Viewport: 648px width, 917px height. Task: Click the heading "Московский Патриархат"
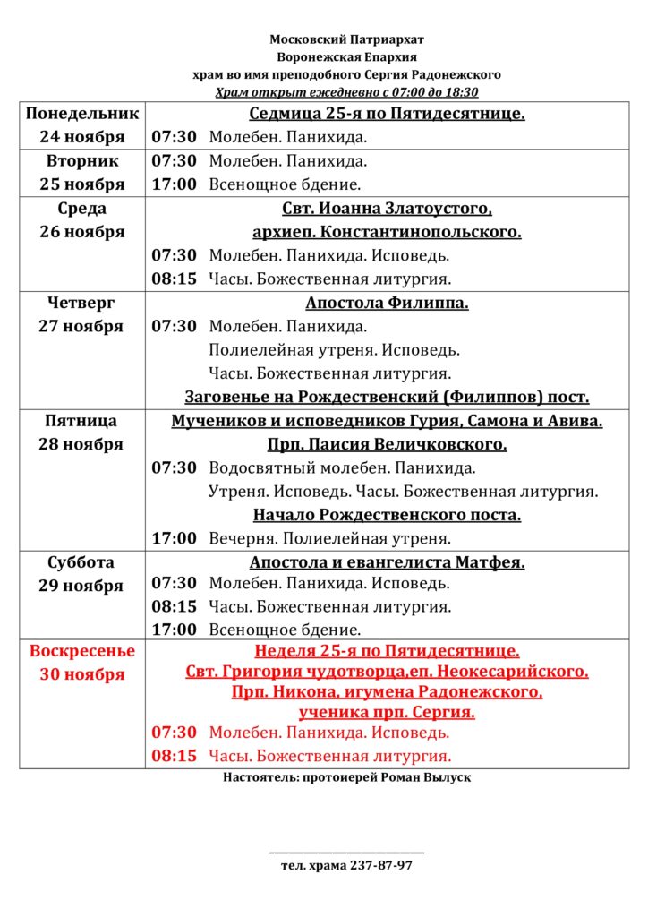coord(347,39)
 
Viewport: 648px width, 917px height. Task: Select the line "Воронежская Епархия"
coord(347,56)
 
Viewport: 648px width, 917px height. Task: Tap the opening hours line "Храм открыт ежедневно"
coord(347,91)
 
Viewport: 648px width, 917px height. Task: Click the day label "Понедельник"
coord(82,115)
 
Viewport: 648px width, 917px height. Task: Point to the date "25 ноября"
coord(82,184)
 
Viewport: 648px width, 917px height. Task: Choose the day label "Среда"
coord(82,209)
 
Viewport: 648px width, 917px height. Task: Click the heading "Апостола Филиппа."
coord(387,303)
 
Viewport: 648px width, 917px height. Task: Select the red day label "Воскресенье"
coord(82,651)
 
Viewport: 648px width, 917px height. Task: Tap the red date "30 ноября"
coord(82,674)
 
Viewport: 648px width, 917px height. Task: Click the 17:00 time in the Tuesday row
coord(174,184)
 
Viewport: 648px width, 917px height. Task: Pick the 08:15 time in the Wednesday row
coord(174,279)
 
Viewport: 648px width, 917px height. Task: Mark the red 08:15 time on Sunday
coord(174,756)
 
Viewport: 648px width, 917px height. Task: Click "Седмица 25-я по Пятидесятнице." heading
coord(387,115)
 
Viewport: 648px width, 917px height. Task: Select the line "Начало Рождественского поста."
coord(387,515)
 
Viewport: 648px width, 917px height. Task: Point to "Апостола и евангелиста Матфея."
coord(387,562)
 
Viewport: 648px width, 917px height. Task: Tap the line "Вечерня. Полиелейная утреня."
coord(329,538)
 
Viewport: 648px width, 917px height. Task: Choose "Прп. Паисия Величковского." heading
coord(387,444)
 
